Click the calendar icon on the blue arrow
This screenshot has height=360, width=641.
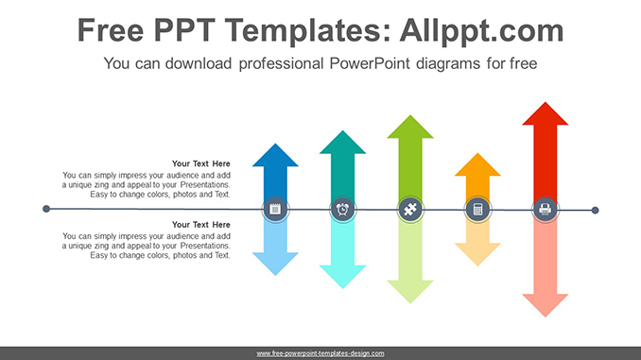coord(275,209)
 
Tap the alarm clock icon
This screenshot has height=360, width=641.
coord(342,209)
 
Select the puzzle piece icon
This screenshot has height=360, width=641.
coord(409,209)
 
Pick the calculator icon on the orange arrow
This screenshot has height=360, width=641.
coord(477,209)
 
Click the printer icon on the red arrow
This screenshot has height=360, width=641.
coord(545,209)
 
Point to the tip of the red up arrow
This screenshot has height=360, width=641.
coord(546,104)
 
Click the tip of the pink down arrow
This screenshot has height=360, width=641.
coord(546,315)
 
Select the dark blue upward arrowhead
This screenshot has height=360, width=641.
coord(275,156)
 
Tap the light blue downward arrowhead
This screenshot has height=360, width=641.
coord(275,263)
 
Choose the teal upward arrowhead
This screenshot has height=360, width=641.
coord(342,143)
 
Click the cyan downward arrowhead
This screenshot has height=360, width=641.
coord(342,276)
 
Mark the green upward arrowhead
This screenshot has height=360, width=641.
coord(409,128)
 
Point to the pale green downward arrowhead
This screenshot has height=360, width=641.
coord(409,291)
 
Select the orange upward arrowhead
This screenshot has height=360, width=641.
coord(477,164)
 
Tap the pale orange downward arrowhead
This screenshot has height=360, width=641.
coord(477,253)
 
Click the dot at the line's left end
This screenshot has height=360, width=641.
coord(46,209)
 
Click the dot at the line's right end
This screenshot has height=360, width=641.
coord(595,210)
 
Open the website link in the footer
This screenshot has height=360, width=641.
coord(320,353)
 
